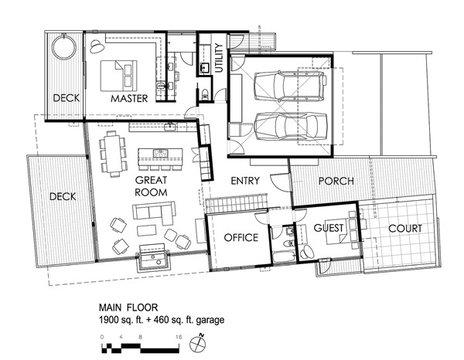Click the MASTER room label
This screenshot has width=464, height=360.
pyautogui.click(x=129, y=98)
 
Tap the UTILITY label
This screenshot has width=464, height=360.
pyautogui.click(x=219, y=58)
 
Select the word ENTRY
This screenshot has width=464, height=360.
pyautogui.click(x=245, y=181)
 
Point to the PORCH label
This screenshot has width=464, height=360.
pyautogui.click(x=336, y=181)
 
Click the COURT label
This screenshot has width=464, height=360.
pyautogui.click(x=405, y=229)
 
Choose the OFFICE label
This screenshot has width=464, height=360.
pyautogui.click(x=241, y=237)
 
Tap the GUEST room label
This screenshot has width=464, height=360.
pyautogui.click(x=329, y=228)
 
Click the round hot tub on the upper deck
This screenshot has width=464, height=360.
pyautogui.click(x=64, y=47)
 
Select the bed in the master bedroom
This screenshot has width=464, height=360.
pyautogui.click(x=118, y=76)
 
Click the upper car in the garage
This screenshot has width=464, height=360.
pyautogui.click(x=290, y=86)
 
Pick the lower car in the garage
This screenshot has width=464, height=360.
pyautogui.click(x=291, y=127)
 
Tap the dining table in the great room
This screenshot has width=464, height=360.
pyautogui.click(x=113, y=154)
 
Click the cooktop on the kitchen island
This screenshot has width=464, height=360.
pyautogui.click(x=161, y=154)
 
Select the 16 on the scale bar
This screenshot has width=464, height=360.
pyautogui.click(x=179, y=337)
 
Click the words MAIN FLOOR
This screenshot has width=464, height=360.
pyautogui.click(x=128, y=307)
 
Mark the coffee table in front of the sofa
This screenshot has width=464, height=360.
pyautogui.click(x=146, y=230)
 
